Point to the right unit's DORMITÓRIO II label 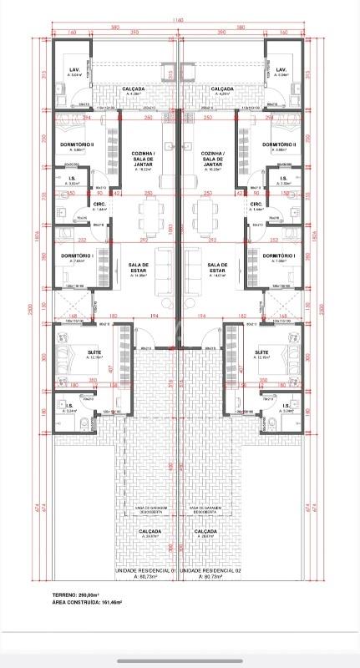tap(280, 144)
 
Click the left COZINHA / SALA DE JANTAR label tap(143, 159)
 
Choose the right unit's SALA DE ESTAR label tap(217, 267)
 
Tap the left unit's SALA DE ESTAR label tap(139, 267)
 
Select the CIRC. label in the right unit tap(256, 204)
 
